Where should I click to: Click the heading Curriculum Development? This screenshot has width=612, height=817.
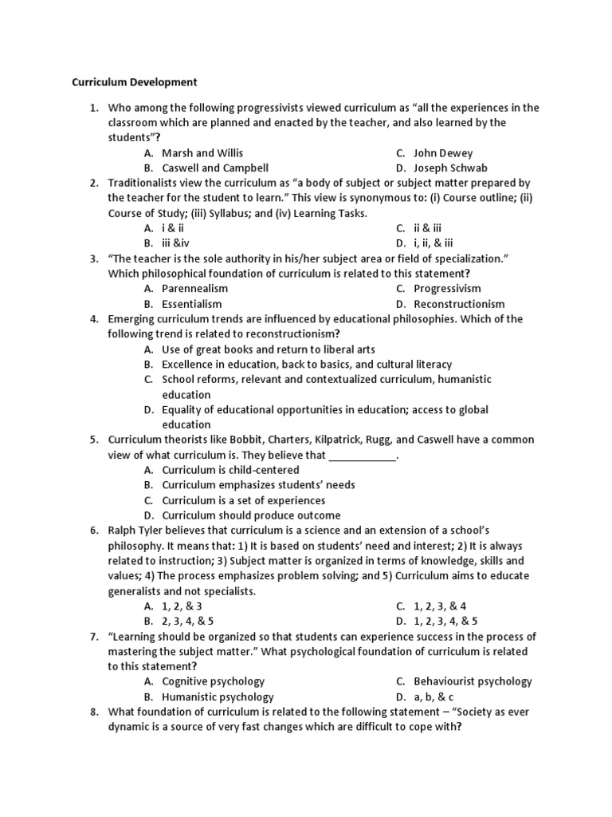tap(135, 81)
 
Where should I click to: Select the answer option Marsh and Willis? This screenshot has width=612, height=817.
tap(202, 152)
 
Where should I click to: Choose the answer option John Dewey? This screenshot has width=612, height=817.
tap(443, 152)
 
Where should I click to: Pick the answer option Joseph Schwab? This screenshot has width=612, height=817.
tap(450, 168)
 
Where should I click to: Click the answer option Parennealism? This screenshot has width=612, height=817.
tap(194, 288)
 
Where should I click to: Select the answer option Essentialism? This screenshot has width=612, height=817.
tap(192, 303)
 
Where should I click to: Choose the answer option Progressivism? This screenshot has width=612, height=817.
tap(447, 288)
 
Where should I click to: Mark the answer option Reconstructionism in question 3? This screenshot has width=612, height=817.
tap(459, 303)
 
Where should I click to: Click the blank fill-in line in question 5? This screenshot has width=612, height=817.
tap(362, 456)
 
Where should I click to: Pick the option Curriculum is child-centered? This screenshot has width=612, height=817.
tap(230, 470)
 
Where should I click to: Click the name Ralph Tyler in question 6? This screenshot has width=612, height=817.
tap(136, 531)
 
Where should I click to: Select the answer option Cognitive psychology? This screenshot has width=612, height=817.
tap(213, 681)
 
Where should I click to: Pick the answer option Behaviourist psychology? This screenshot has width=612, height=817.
tap(473, 681)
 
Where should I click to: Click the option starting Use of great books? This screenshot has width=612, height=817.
tap(268, 349)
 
